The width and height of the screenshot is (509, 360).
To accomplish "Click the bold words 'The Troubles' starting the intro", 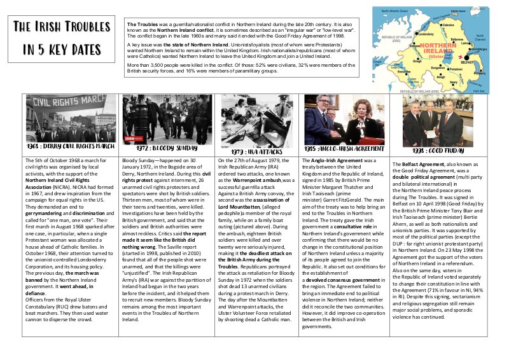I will (x=141, y=24).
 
